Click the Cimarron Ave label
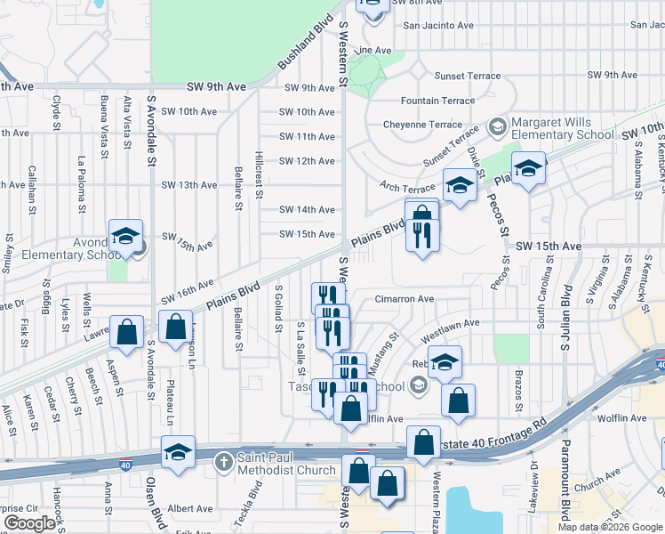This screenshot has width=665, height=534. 404,300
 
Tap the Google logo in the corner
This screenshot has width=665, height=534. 29,523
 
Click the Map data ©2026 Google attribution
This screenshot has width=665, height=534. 609,527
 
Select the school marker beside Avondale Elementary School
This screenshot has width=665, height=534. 125,237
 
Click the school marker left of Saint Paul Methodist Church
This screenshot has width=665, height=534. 178,453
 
